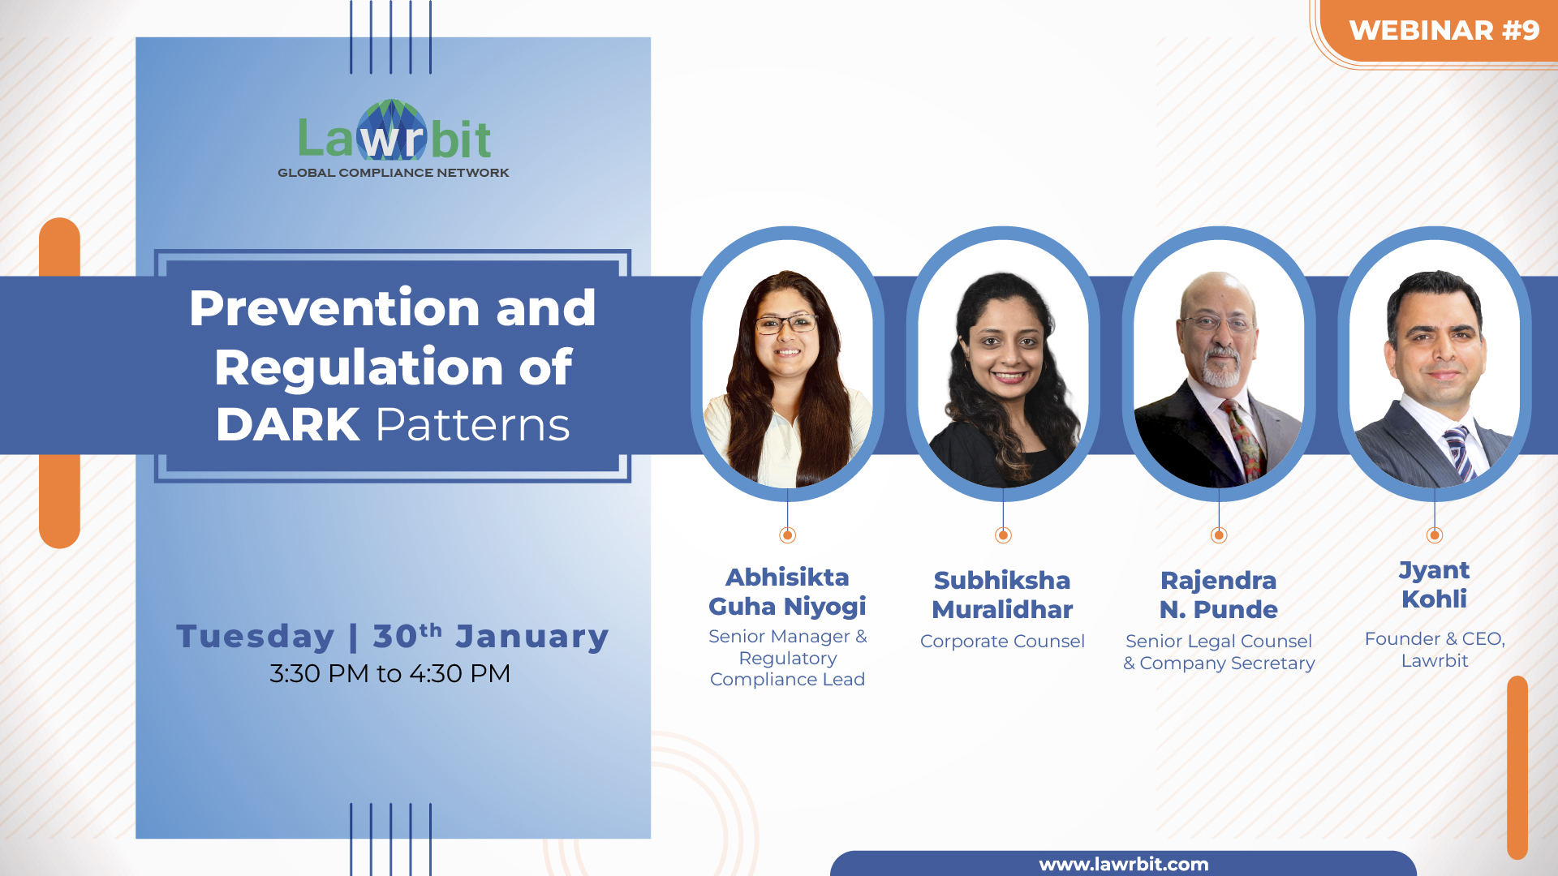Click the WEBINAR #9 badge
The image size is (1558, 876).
tap(1444, 31)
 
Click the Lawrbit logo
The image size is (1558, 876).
tap(394, 131)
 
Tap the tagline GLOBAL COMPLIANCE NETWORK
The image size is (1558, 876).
tap(394, 173)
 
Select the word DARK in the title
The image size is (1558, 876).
tap(288, 424)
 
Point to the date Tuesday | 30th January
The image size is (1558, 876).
tap(393, 636)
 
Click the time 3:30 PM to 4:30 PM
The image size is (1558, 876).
tap(390, 673)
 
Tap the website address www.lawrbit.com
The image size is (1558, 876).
tap(1124, 865)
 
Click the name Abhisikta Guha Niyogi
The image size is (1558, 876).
tap(787, 591)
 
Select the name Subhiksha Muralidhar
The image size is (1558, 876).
tap(1002, 595)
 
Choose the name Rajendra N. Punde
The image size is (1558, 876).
tap(1219, 595)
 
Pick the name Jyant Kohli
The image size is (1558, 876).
tap(1435, 584)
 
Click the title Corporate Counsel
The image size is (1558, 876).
tap(1002, 641)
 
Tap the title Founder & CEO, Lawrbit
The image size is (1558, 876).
tap(1435, 650)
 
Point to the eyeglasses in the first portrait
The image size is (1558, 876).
tap(785, 324)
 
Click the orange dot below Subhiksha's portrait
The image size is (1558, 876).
tap(1003, 535)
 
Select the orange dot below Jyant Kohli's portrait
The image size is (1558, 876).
tap(1435, 535)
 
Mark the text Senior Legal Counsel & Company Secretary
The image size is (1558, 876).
tap(1219, 652)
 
